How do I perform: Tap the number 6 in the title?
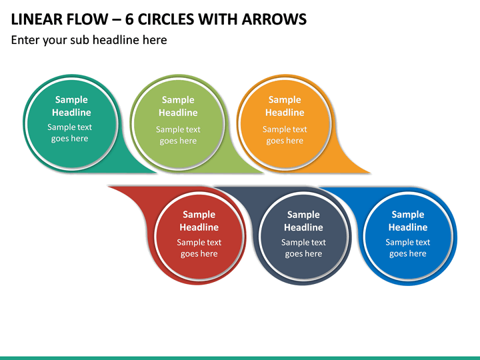(129, 19)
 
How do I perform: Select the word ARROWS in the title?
(274, 19)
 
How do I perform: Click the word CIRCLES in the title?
(165, 19)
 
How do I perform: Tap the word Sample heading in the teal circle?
(71, 100)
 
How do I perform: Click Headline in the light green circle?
(178, 113)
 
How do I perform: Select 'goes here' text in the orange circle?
(285, 141)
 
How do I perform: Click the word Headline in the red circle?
(199, 227)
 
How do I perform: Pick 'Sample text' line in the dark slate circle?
(303, 243)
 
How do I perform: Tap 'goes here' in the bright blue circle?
(408, 254)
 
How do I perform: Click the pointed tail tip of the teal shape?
(156, 173)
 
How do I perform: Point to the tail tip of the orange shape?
(370, 173)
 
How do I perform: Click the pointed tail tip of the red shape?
(109, 187)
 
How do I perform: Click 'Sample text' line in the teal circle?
(69, 127)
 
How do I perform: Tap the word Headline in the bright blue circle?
(408, 227)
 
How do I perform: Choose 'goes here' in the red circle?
(199, 254)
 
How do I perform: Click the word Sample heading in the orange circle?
(285, 100)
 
